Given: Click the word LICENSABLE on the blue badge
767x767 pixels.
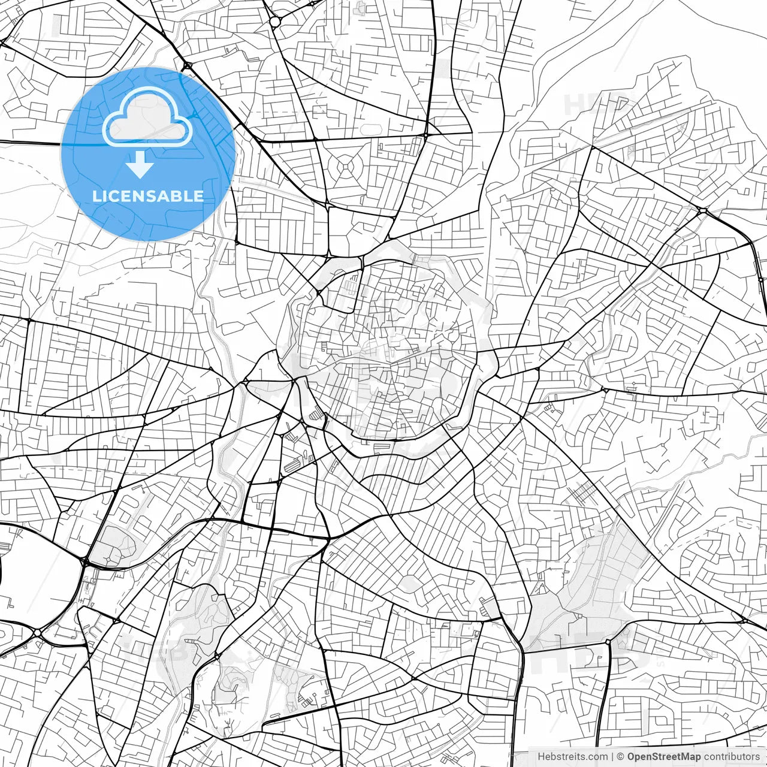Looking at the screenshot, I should point(147,196).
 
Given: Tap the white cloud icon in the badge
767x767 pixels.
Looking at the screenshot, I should point(147,118).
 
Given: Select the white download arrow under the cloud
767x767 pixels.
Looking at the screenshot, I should point(140,164).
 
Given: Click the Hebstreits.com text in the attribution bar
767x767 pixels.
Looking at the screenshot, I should point(572,757).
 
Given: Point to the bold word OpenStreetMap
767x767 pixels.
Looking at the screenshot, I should point(664,757).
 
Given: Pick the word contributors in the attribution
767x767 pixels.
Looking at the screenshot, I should point(732,757).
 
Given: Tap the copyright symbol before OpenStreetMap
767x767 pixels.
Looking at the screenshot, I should point(621,757).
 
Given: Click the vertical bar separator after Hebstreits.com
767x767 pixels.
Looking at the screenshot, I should point(612,757).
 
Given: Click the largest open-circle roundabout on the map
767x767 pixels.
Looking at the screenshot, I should point(275,22).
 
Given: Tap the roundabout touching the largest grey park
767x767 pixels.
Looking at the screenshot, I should point(608,642).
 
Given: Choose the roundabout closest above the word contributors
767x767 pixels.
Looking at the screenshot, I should point(608,642).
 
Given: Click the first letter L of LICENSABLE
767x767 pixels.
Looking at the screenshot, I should point(96,196).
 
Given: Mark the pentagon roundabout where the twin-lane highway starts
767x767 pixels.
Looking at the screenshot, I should point(701,211).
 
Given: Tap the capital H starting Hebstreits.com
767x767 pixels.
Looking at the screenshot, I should point(541,757).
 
